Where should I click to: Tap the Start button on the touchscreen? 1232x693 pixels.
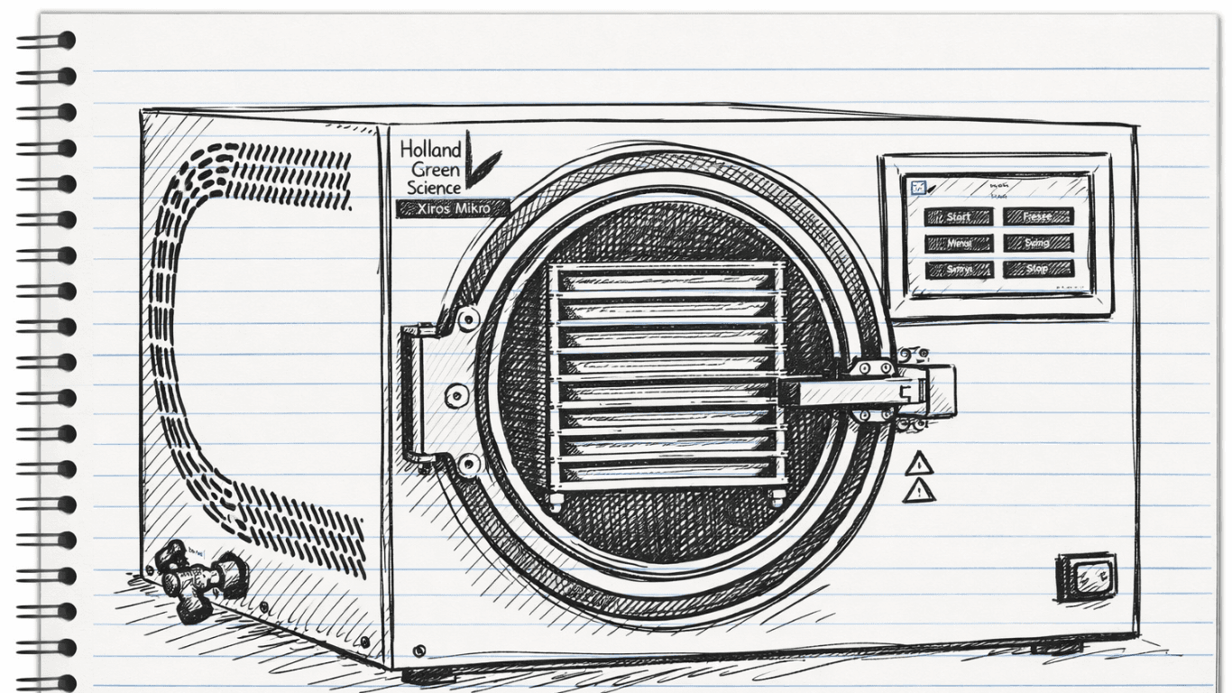[958, 217]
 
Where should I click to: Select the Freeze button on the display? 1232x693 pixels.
[1038, 217]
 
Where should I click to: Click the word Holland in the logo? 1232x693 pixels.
[430, 150]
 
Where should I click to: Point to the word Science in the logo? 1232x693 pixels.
[433, 187]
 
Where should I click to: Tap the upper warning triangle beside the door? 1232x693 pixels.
[918, 466]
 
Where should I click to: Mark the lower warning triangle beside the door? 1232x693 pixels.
[918, 492]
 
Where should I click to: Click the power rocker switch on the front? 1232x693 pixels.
[1086, 577]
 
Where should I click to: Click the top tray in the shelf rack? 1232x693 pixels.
[667, 282]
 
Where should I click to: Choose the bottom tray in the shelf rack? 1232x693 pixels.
[667, 472]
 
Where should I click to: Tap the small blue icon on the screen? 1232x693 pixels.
[918, 188]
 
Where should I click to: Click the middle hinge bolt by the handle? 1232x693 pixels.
[455, 394]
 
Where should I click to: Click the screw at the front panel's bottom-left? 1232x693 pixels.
[418, 651]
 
